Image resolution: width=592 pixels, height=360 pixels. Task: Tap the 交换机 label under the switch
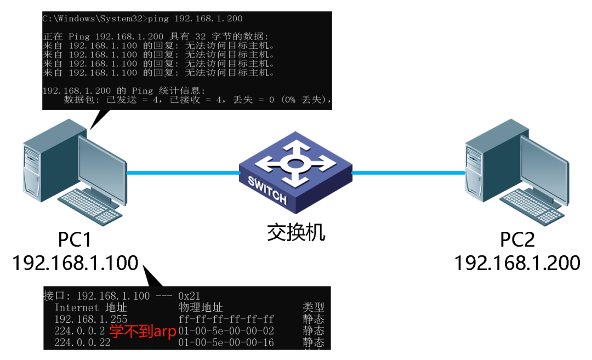pos(296,232)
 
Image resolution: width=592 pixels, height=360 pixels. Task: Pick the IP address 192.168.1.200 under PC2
pos(517,263)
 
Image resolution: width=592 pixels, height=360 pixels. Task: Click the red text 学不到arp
pos(143,332)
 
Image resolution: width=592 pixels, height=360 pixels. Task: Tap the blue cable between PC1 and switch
pos(183,173)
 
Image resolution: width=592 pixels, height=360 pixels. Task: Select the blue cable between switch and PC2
pos(408,173)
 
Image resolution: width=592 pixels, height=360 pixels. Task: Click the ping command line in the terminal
pos(143,19)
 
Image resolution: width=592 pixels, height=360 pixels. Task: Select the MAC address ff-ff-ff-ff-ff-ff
pos(226,319)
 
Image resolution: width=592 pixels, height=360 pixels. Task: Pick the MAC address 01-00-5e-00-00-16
pos(226,343)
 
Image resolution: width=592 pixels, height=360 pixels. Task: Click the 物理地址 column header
pos(201,307)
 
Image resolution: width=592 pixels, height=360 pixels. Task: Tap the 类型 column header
pos(313,307)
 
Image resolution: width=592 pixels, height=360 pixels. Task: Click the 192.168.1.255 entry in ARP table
pos(91,319)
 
